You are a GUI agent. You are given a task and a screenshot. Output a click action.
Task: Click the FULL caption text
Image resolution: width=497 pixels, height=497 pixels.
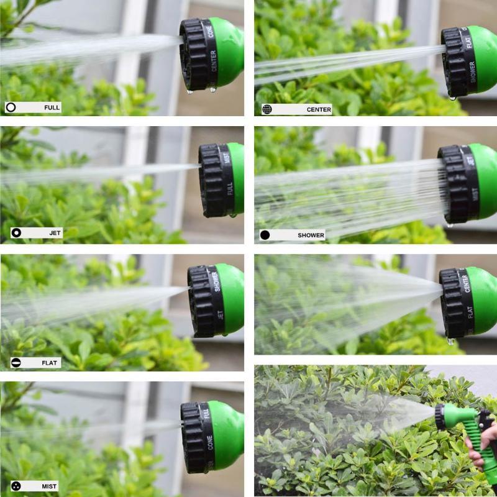52,107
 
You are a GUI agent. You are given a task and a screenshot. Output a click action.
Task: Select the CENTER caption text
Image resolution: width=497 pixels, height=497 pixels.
319,109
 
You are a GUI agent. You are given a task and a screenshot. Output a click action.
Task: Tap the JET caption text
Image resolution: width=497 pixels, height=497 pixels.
55,233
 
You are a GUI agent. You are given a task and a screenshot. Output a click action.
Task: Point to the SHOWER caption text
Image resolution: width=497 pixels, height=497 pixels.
311,235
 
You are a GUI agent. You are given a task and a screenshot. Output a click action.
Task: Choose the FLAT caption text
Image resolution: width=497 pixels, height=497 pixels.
50,363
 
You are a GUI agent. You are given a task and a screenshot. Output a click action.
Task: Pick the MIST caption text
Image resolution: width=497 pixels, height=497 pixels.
50,486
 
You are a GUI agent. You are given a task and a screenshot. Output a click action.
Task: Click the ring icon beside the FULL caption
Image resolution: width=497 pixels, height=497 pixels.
11,107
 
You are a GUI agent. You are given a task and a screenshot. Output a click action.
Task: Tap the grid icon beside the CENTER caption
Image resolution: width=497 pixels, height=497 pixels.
267,109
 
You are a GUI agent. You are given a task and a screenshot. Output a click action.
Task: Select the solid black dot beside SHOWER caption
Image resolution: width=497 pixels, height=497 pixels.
265,235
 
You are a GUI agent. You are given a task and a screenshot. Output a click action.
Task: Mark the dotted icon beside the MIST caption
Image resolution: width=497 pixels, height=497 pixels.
16,486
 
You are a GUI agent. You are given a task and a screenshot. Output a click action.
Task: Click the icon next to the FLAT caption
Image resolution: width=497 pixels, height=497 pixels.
16,363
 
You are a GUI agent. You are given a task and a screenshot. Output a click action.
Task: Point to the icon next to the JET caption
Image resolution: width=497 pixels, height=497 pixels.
16,233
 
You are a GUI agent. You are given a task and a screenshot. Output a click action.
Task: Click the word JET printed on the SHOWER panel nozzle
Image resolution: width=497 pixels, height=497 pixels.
470,160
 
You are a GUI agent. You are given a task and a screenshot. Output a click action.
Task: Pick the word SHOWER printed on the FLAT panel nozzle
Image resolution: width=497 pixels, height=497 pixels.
216,281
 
